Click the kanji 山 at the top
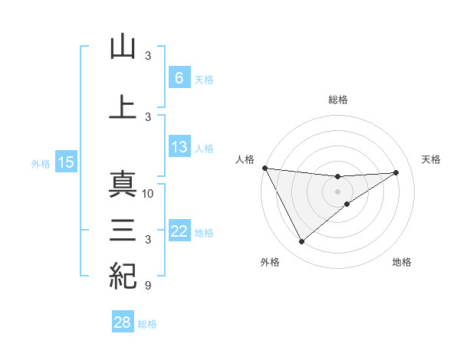click(x=123, y=47)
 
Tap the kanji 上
click(x=123, y=107)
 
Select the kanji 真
click(x=123, y=185)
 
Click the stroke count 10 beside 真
click(x=149, y=194)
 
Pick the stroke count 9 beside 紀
click(x=148, y=286)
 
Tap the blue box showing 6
click(x=179, y=78)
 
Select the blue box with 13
click(x=179, y=147)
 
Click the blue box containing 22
click(x=179, y=231)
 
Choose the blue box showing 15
click(x=65, y=162)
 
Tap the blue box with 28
click(x=123, y=322)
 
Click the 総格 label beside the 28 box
click(x=147, y=324)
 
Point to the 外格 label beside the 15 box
click(x=41, y=163)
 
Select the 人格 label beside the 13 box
click(x=204, y=148)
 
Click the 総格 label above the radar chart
click(x=338, y=100)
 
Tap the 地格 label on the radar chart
click(x=402, y=263)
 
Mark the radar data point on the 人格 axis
click(x=264, y=168)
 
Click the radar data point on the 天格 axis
click(x=396, y=172)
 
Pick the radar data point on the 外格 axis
click(x=301, y=242)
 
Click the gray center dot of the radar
click(x=338, y=191)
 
